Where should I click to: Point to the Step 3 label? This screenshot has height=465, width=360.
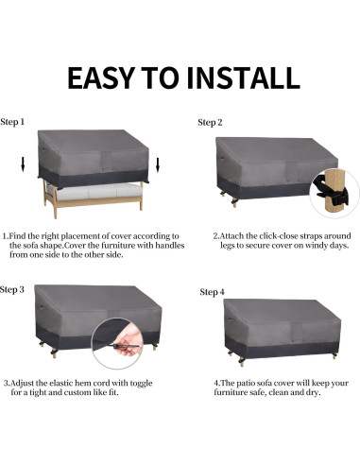13,289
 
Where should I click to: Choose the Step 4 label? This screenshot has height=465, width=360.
213,292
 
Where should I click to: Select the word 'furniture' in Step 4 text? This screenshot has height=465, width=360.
232,394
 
